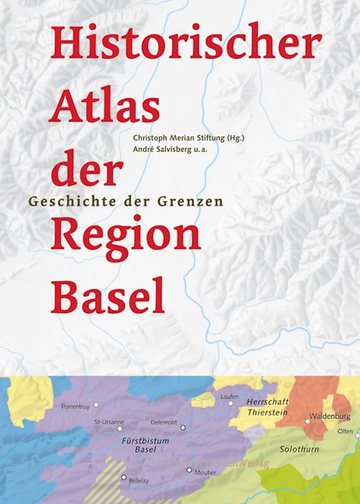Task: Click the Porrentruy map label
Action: pyautogui.click(x=76, y=407)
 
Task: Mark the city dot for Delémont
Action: pyautogui.click(x=183, y=427)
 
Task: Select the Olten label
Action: pyautogui.click(x=345, y=431)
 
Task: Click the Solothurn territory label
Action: pyautogui.click(x=299, y=449)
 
